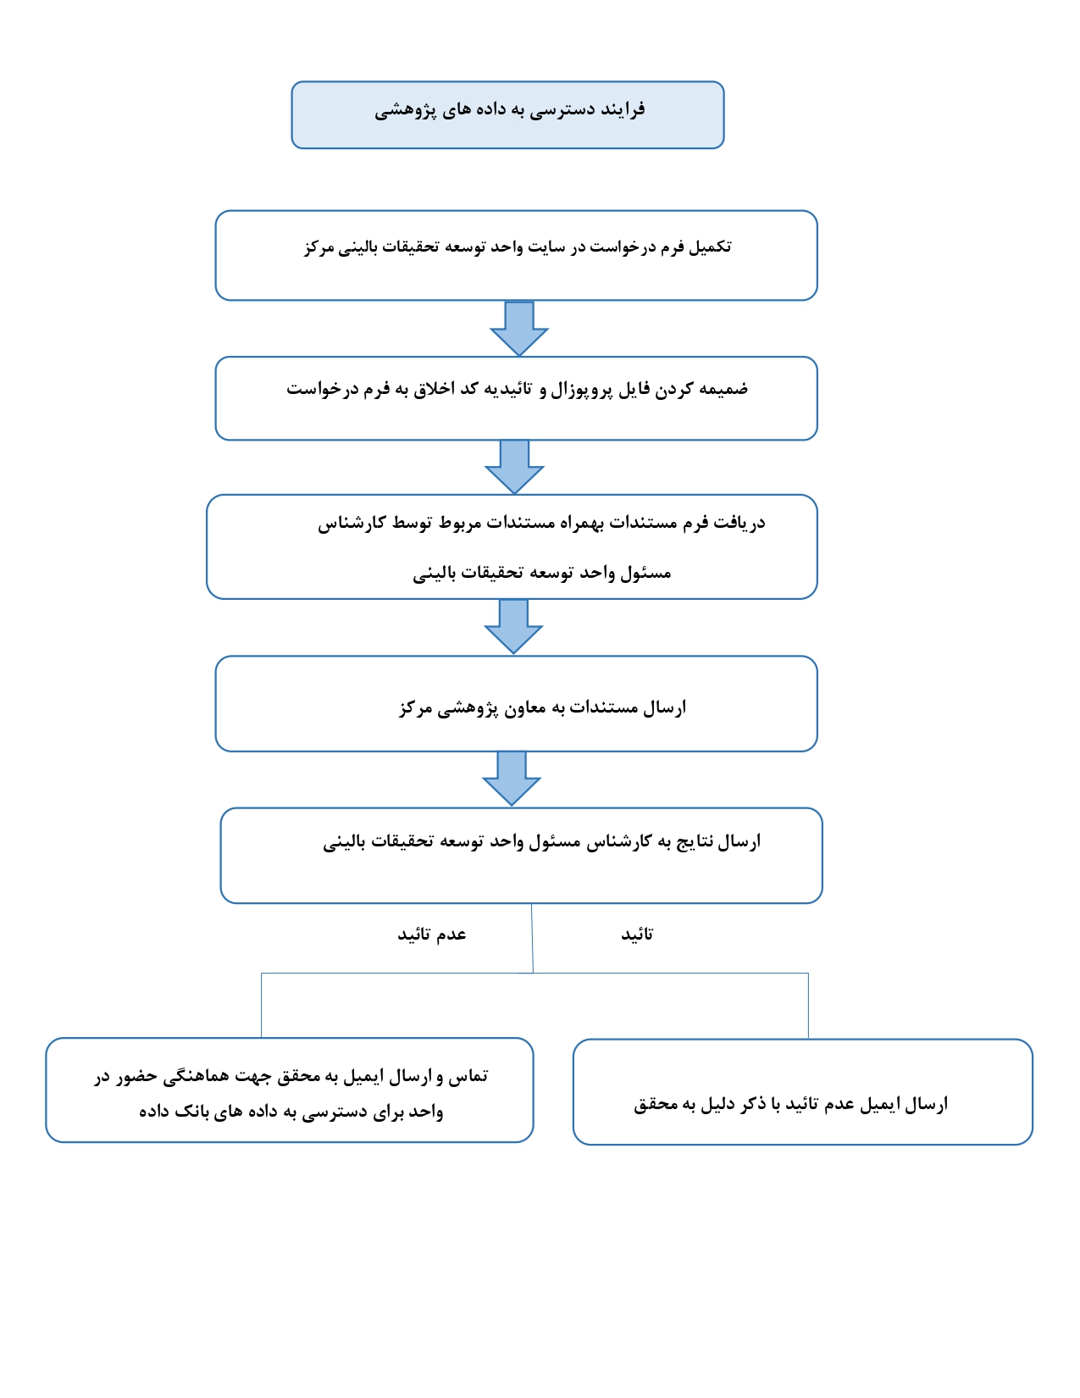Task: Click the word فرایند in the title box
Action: tap(623, 110)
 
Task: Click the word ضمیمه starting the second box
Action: tap(723, 390)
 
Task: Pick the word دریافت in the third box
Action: tap(739, 524)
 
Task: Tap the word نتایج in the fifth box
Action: tap(695, 842)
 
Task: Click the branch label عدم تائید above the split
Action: tap(432, 935)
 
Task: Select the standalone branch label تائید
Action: tap(637, 935)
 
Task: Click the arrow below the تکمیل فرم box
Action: tap(519, 329)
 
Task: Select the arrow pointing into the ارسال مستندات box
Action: tap(513, 627)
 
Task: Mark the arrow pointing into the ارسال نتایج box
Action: tap(512, 779)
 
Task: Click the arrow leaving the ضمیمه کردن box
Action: tap(514, 467)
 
